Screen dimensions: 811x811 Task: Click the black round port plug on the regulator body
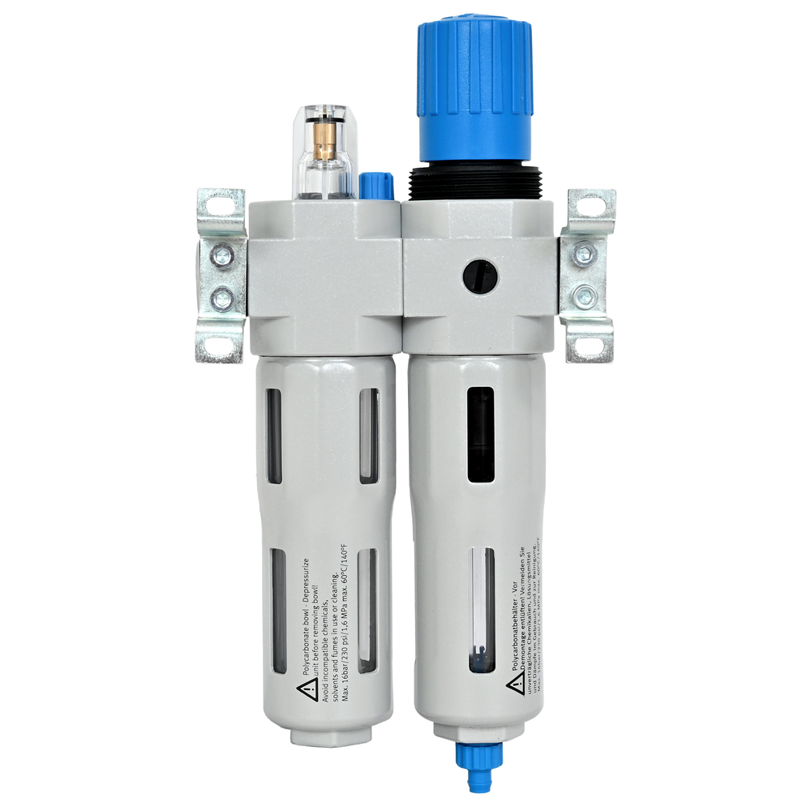(478, 276)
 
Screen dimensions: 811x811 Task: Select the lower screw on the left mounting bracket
(220, 301)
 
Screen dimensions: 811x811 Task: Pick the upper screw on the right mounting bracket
(584, 254)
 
